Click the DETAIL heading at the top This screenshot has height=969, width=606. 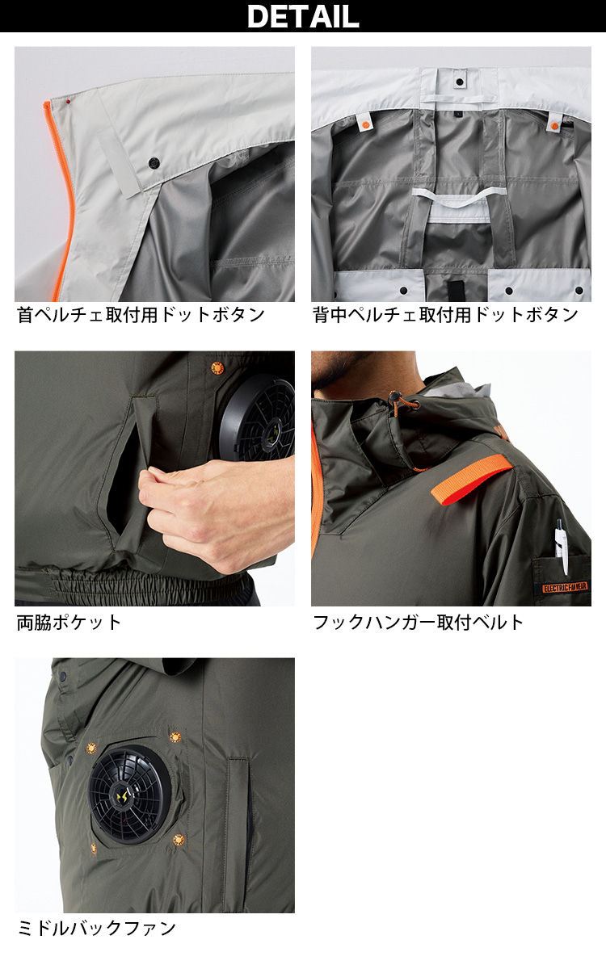click(303, 16)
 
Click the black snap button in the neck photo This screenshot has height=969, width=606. click(154, 163)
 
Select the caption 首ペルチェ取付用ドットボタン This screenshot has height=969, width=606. click(141, 315)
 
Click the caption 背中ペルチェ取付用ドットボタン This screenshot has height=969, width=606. click(445, 315)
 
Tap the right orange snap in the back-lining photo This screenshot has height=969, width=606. click(554, 126)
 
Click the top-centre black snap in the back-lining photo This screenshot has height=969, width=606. click(460, 82)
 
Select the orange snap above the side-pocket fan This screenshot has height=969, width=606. click(217, 367)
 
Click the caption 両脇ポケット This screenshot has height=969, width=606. click(69, 623)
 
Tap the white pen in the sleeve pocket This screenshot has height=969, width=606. click(561, 546)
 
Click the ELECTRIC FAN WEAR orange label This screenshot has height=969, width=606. click(565, 587)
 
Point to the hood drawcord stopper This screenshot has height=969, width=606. click(394, 398)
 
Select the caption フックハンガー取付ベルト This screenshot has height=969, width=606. click(419, 623)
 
